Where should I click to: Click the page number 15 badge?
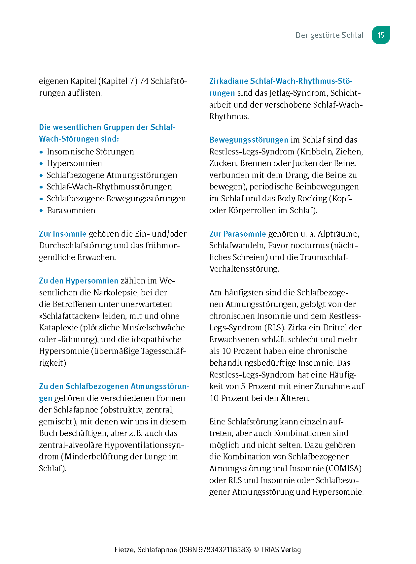pos(381,35)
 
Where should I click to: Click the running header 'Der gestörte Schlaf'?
pos(329,35)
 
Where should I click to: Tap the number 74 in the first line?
pos(144,81)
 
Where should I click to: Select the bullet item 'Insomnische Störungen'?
pos(90,152)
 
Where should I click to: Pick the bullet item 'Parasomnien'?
pos(71,211)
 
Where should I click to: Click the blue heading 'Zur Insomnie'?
pos(62,234)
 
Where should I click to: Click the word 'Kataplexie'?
pos(58,328)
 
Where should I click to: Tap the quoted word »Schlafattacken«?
pos(69,316)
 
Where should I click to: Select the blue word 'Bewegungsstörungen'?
pos(249,140)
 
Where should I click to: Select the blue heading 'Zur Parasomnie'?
pos(237,234)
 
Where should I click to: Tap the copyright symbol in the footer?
pos(256,550)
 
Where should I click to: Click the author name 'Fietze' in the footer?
pos(124,550)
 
